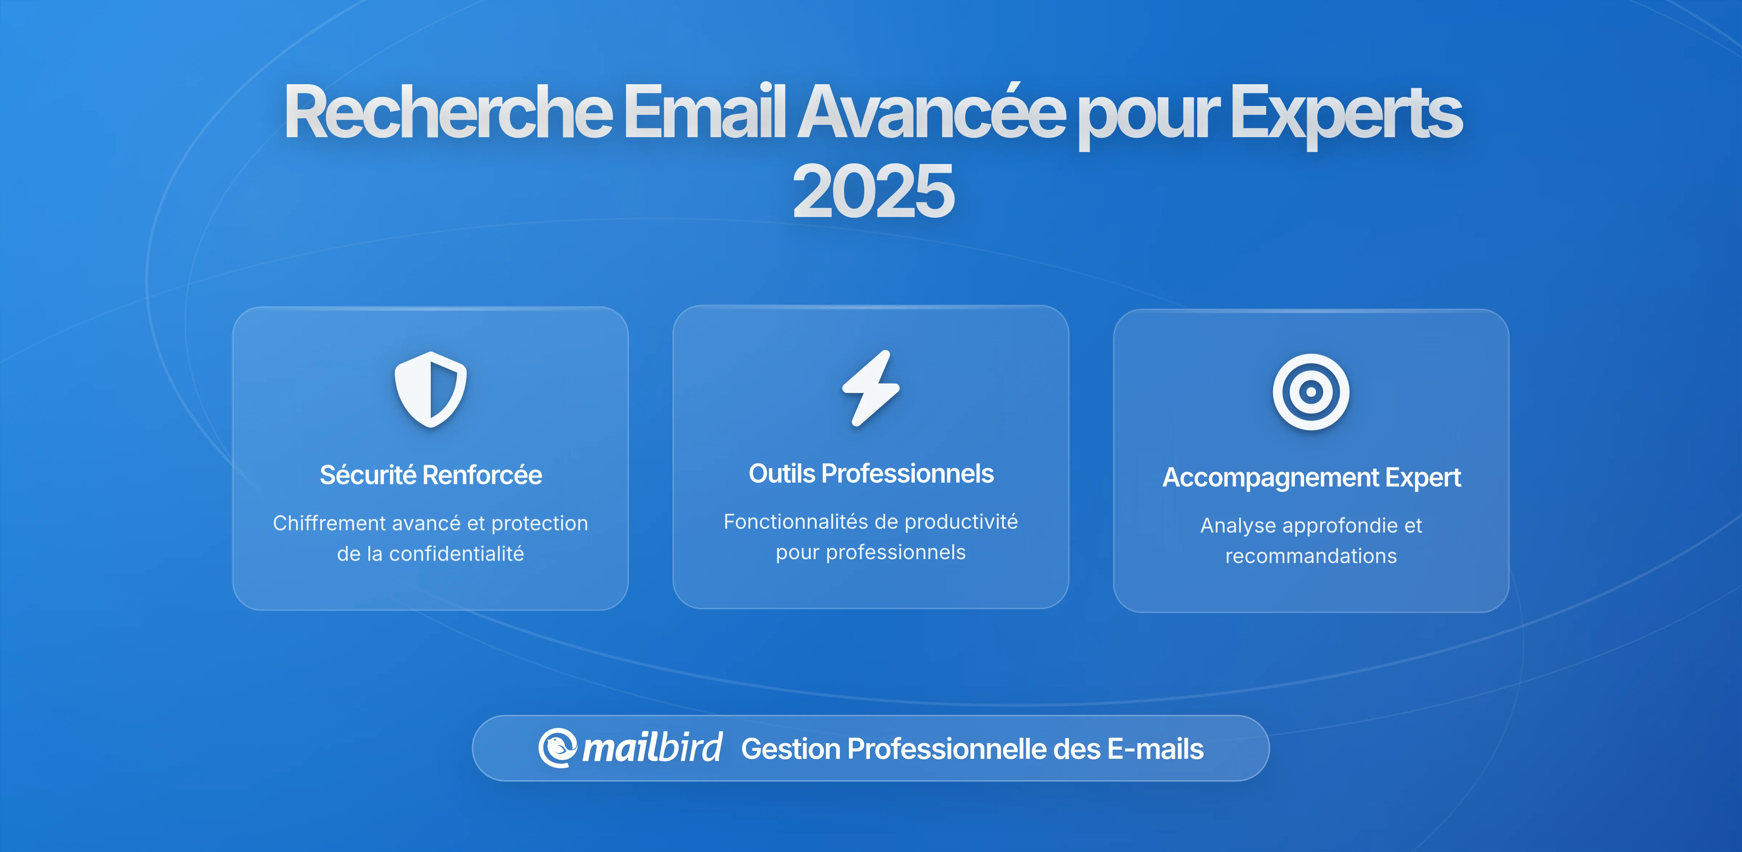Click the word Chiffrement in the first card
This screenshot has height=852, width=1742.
[x=329, y=523]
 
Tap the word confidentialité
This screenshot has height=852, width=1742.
[x=457, y=554]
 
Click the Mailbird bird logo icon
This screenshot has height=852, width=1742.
[x=557, y=748]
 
